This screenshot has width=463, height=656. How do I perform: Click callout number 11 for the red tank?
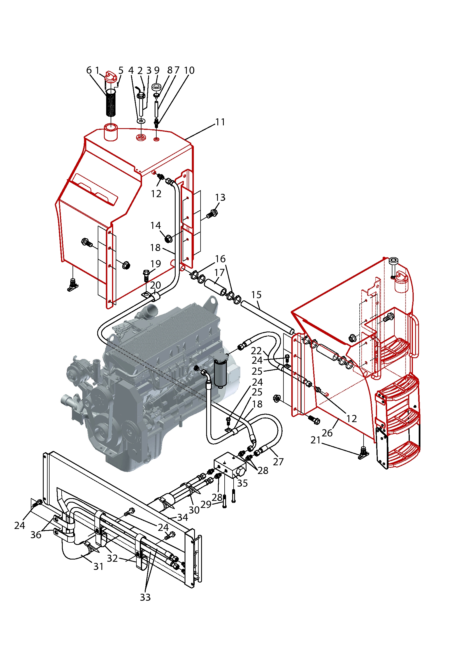pyautogui.click(x=220, y=122)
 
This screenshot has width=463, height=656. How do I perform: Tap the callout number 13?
pyautogui.click(x=220, y=197)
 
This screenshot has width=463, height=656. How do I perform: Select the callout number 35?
pyautogui.click(x=242, y=483)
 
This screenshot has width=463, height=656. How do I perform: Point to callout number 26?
pyautogui.click(x=327, y=433)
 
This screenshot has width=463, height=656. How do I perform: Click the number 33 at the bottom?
pyautogui.click(x=145, y=597)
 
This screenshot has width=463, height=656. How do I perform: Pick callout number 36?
pyautogui.click(x=36, y=535)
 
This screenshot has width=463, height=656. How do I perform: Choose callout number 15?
pyautogui.click(x=256, y=294)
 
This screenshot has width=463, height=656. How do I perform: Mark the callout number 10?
pyautogui.click(x=189, y=70)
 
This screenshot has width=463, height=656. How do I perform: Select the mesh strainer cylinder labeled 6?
pyautogui.click(x=111, y=103)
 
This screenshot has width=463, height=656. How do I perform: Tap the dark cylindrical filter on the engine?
pyautogui.click(x=220, y=373)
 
